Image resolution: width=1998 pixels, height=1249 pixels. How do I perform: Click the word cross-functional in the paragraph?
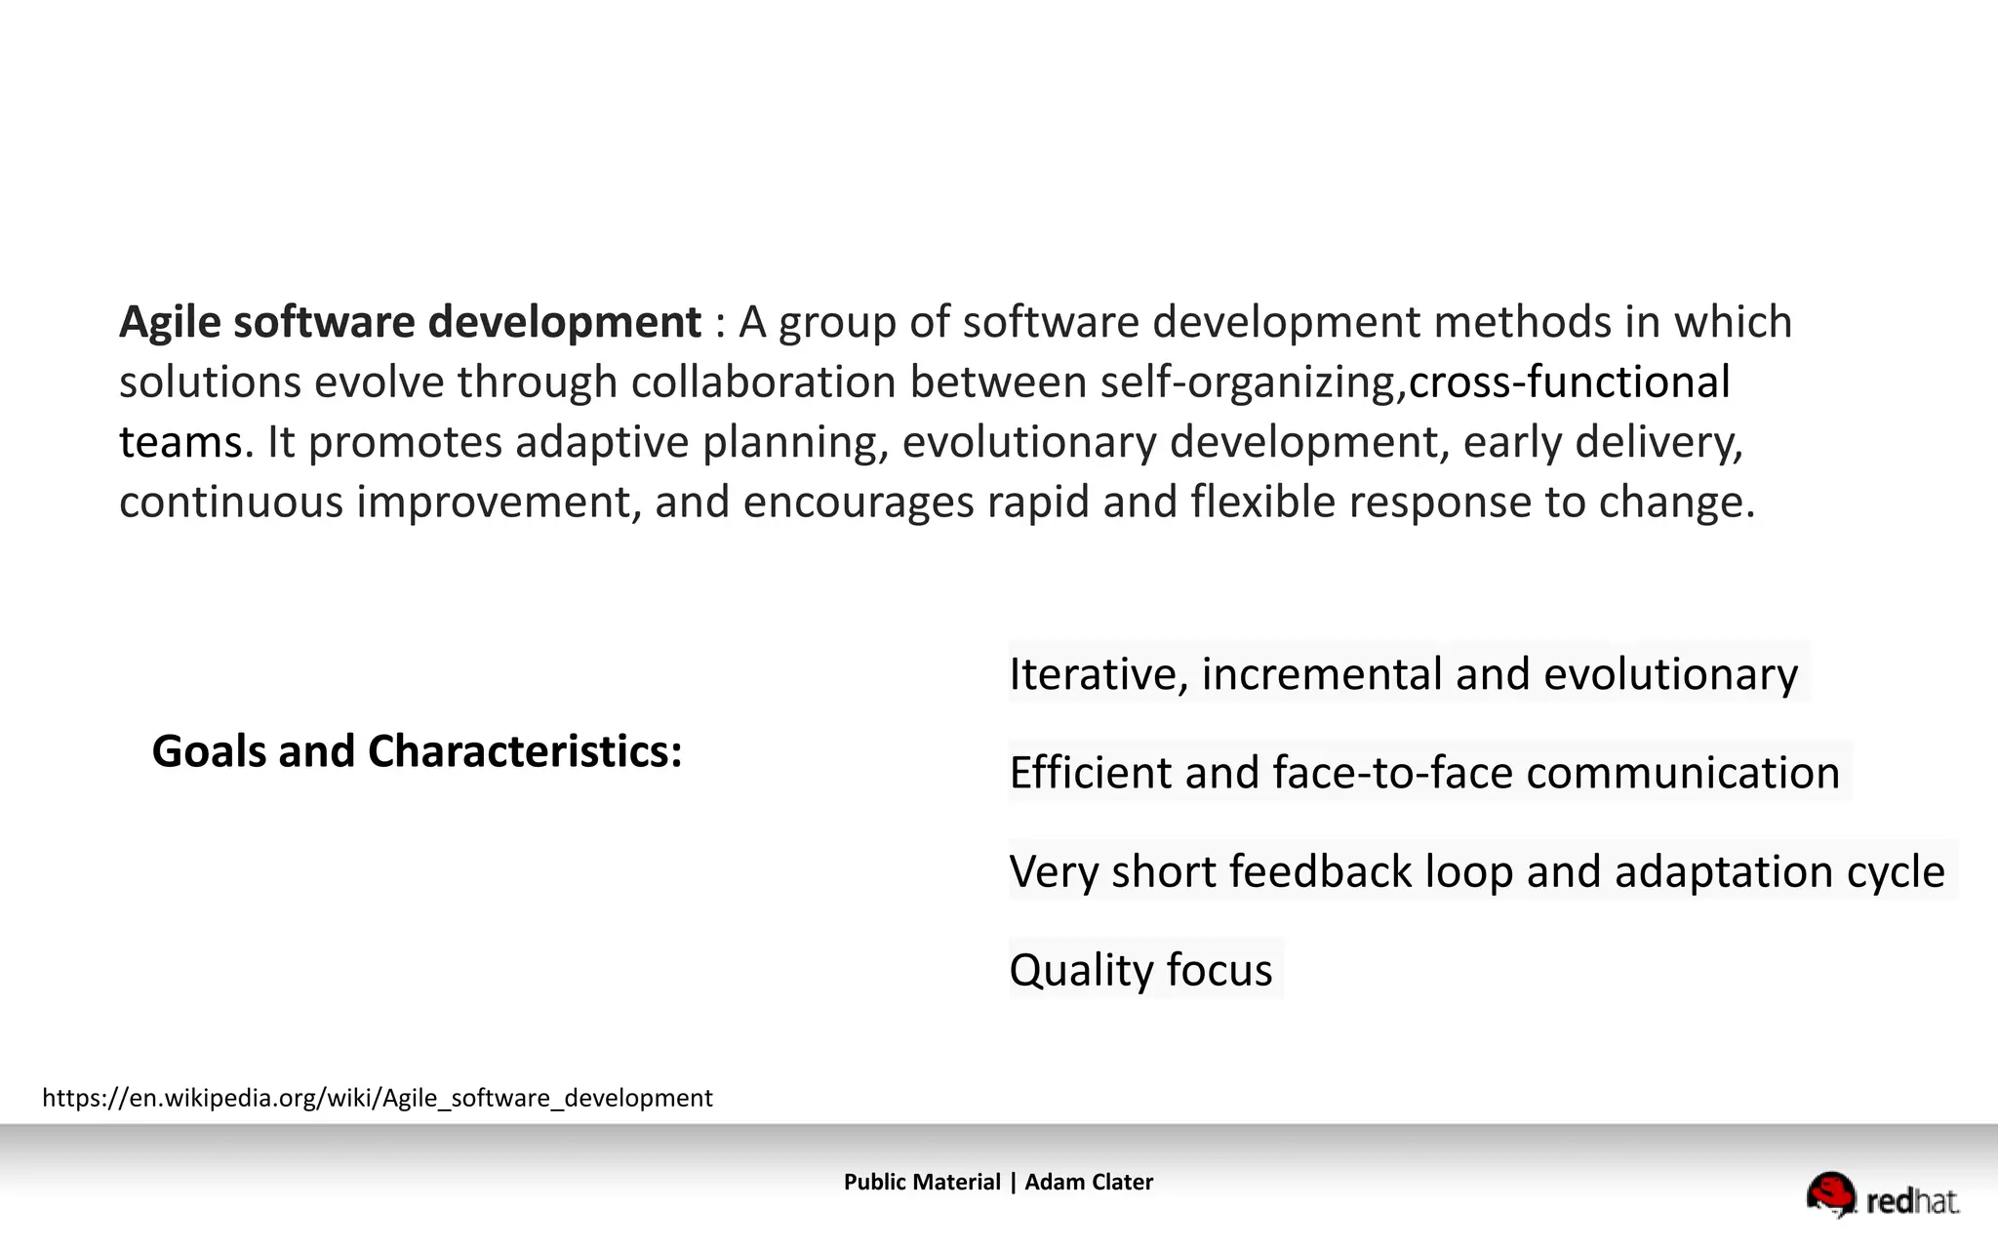point(1569,382)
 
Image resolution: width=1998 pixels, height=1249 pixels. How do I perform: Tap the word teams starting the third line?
point(180,442)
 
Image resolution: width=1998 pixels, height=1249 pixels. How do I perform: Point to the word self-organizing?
point(1252,382)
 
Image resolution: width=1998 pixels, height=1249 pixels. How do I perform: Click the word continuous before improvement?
point(231,503)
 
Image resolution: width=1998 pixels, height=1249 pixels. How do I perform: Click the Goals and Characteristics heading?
point(417,751)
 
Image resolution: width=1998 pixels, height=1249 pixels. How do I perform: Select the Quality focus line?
point(1140,970)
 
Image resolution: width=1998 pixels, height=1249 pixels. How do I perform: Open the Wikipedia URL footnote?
point(377,1099)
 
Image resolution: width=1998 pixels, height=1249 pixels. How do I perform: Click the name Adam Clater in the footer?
point(1089,1183)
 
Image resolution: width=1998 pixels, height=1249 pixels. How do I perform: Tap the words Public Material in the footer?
point(922,1183)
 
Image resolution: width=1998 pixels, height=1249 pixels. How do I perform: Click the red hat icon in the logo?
point(1831,1193)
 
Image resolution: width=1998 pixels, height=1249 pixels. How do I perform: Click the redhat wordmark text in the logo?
point(1911,1201)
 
